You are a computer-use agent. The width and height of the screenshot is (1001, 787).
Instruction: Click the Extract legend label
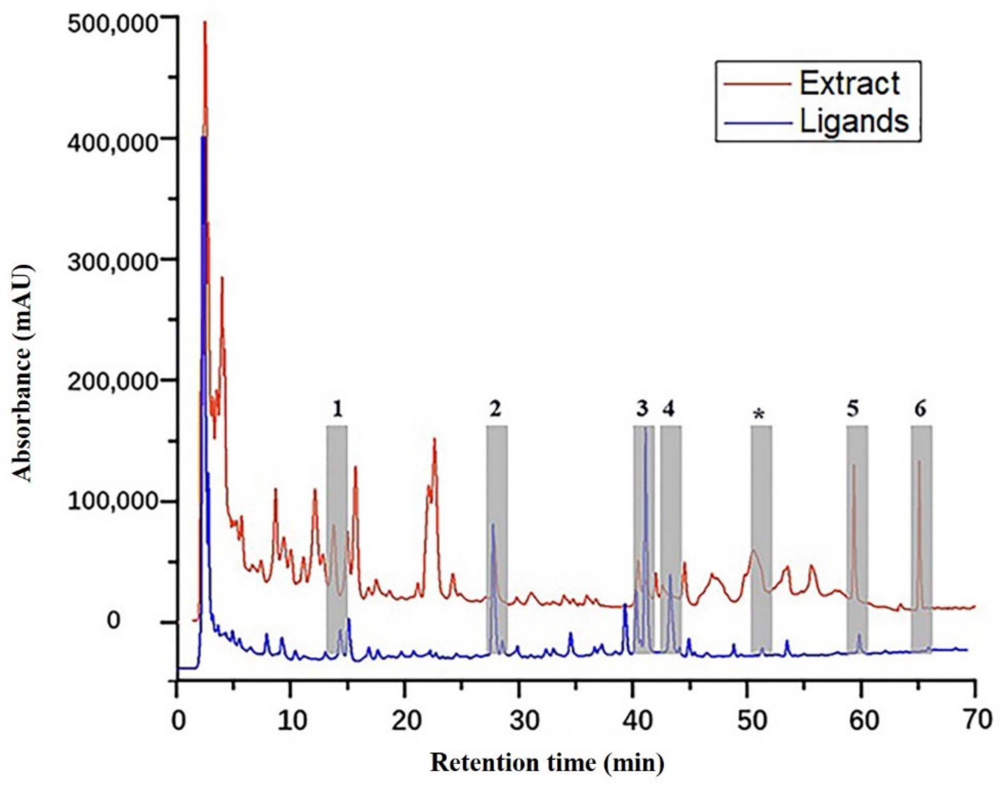tap(849, 84)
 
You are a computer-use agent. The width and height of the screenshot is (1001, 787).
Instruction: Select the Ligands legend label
tap(854, 122)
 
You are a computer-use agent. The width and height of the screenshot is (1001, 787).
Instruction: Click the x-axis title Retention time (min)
tap(547, 763)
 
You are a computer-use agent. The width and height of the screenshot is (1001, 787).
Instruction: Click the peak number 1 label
tap(337, 409)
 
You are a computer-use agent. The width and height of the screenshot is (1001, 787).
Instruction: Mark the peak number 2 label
tap(495, 408)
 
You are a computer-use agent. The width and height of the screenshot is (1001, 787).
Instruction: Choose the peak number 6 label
tap(920, 408)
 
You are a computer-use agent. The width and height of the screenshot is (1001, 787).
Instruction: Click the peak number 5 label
tap(853, 408)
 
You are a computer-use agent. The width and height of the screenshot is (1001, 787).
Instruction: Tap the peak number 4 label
tap(669, 408)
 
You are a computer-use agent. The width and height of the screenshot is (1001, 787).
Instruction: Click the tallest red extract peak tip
tap(205, 22)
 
